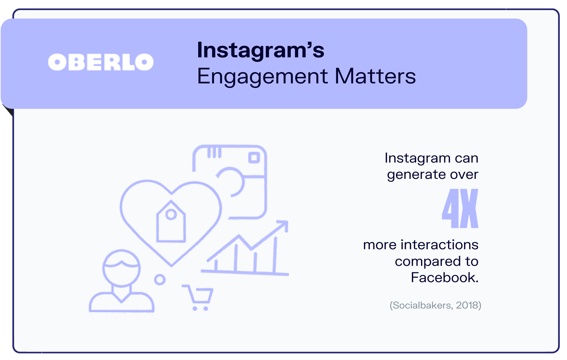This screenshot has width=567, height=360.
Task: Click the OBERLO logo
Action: click(101, 62)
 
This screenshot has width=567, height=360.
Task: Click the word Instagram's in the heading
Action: click(261, 50)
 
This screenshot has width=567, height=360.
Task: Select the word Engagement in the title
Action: click(263, 77)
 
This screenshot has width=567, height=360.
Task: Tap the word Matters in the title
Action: click(375, 76)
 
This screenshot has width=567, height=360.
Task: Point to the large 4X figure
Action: click(460, 209)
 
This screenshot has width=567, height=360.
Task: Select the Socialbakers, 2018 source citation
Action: click(435, 305)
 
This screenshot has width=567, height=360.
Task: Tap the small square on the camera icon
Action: click(254, 158)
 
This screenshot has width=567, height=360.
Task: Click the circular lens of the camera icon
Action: click(232, 182)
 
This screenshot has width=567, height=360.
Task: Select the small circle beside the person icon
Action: click(160, 279)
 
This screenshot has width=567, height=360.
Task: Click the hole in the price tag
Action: click(171, 214)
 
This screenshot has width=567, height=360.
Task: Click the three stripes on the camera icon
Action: click(214, 152)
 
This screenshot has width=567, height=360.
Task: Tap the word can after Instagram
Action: click(467, 158)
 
